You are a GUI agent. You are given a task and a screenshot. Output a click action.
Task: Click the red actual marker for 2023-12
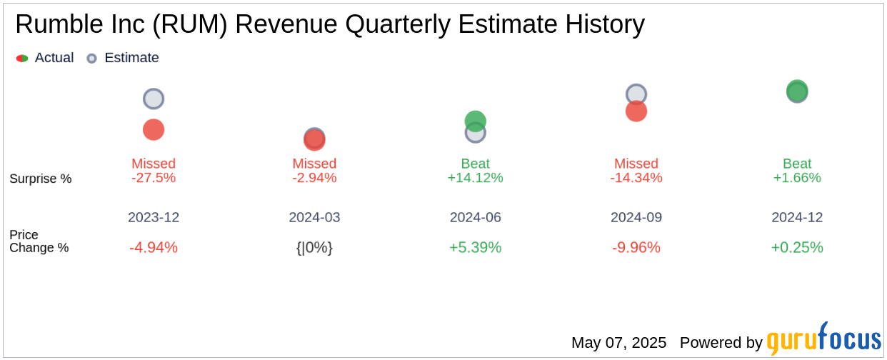[x=154, y=129]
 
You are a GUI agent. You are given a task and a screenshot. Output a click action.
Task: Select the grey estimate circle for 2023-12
[x=154, y=99]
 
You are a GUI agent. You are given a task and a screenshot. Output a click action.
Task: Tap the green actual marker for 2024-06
[x=476, y=121]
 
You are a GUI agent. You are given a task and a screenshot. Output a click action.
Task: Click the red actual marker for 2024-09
[x=636, y=111]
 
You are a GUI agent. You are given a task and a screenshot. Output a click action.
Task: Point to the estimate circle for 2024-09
[x=636, y=94]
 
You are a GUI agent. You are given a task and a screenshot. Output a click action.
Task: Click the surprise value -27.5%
[x=154, y=178]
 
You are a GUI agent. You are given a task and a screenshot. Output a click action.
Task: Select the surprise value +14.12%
[x=476, y=178]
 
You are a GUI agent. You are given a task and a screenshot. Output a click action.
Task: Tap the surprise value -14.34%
[x=636, y=178]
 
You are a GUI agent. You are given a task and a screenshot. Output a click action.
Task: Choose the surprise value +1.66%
[x=797, y=178]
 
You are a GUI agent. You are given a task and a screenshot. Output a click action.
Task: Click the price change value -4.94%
[x=154, y=248]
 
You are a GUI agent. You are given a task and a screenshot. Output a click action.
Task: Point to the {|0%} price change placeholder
[x=314, y=248]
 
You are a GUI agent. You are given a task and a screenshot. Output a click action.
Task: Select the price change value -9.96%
[x=636, y=248]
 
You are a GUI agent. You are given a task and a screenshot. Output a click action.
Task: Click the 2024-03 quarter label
[x=314, y=217]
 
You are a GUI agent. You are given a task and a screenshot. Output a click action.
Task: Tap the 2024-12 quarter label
[x=797, y=217]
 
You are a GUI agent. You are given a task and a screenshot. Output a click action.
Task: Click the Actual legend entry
[x=46, y=58]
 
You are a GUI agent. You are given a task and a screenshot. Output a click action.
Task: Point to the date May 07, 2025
[x=618, y=343]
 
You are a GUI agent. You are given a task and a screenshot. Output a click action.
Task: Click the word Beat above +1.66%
[x=797, y=164]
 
